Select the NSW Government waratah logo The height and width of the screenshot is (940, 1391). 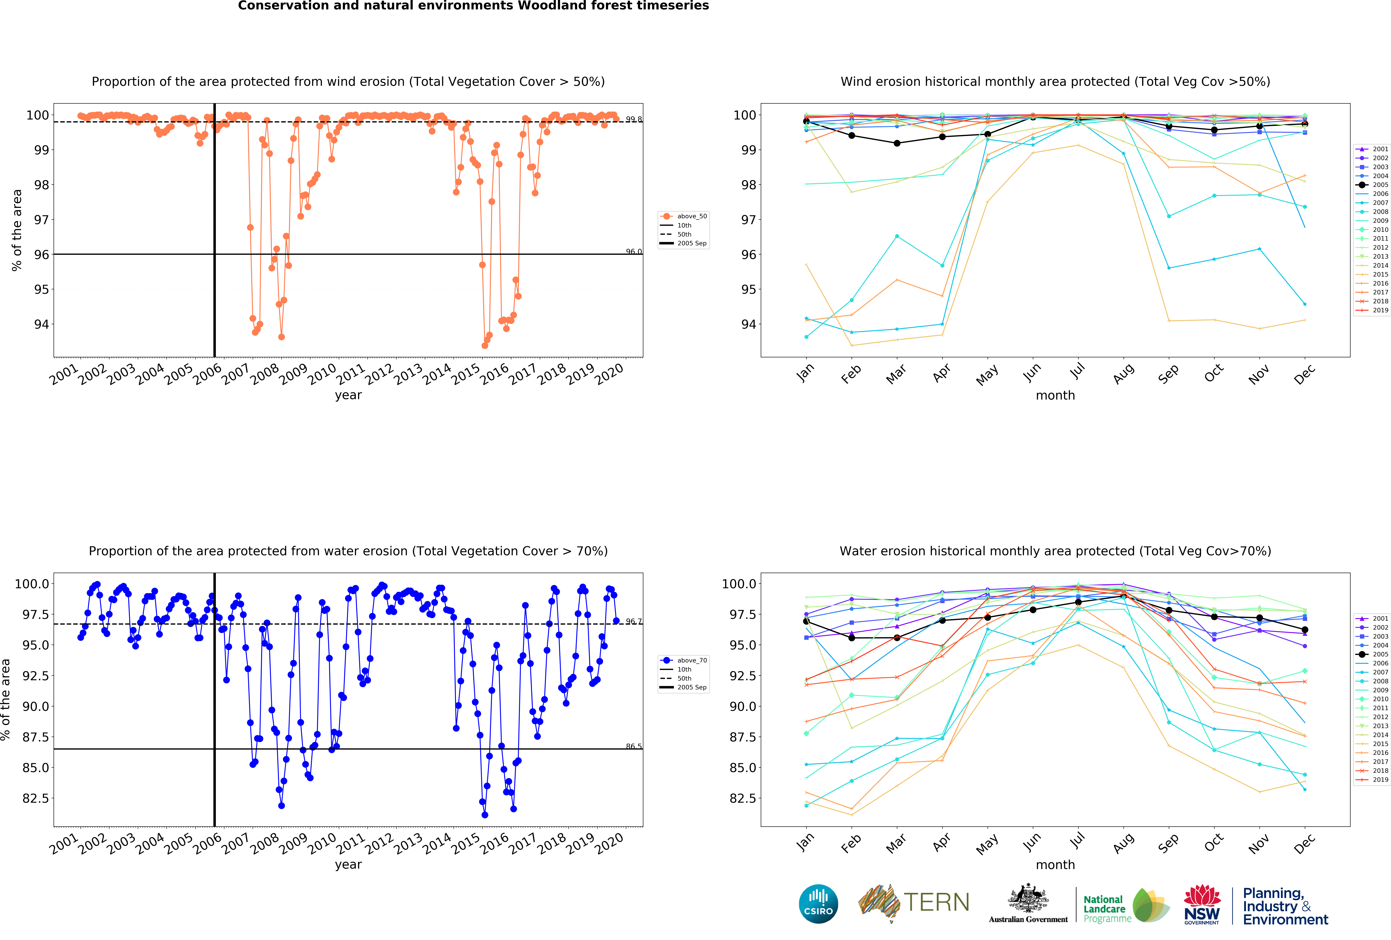point(1202,904)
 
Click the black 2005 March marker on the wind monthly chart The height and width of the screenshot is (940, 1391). point(897,143)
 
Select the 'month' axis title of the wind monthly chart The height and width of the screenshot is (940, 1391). point(1055,395)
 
